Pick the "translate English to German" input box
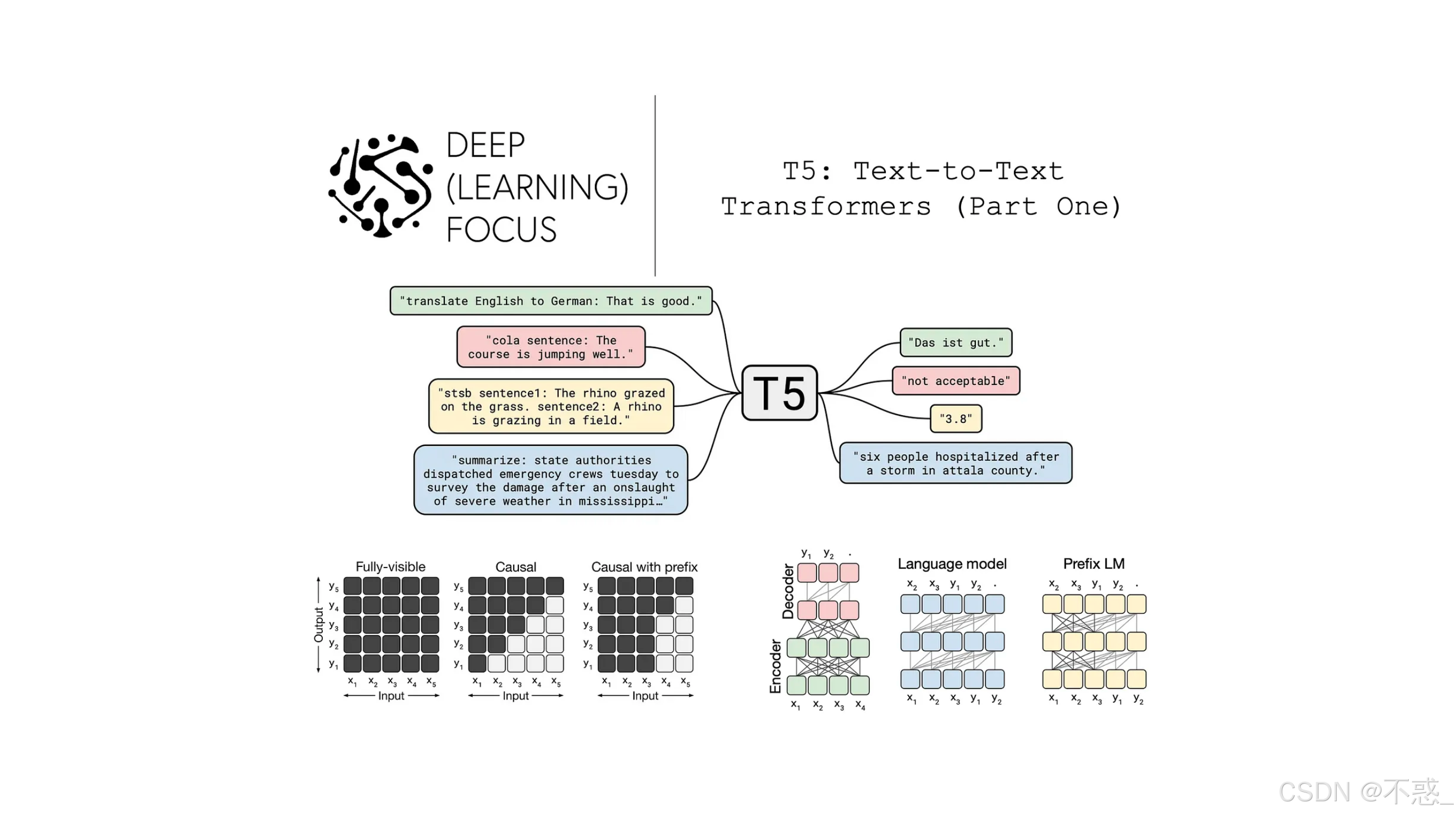551,301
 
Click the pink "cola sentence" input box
551,347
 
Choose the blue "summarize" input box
551,481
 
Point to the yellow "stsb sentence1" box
551,406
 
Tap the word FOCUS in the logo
501,229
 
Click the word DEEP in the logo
486,145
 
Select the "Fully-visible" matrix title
390,567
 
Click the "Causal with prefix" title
644,567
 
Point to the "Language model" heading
952,564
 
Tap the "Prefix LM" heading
1094,564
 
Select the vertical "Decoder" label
788,592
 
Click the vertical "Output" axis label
319,625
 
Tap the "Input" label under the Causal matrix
515,696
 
